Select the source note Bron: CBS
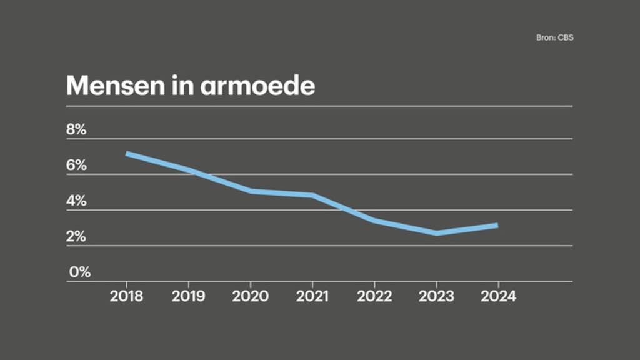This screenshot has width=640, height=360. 555,37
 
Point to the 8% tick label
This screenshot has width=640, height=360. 76,130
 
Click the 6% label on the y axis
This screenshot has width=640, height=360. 76,166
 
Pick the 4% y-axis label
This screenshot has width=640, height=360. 76,201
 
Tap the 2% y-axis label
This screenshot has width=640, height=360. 76,237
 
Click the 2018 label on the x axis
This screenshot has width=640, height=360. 126,296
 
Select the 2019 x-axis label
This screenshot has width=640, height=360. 188,296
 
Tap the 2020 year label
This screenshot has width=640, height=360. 250,296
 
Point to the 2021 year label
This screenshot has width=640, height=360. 312,296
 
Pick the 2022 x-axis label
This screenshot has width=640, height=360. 374,296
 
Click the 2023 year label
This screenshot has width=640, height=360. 436,296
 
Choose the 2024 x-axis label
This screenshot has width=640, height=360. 498,296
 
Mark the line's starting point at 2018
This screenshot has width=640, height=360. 127,154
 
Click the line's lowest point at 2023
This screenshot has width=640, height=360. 436,233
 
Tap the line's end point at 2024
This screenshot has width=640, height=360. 497,225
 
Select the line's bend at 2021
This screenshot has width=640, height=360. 312,195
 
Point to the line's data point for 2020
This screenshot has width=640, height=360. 251,191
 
